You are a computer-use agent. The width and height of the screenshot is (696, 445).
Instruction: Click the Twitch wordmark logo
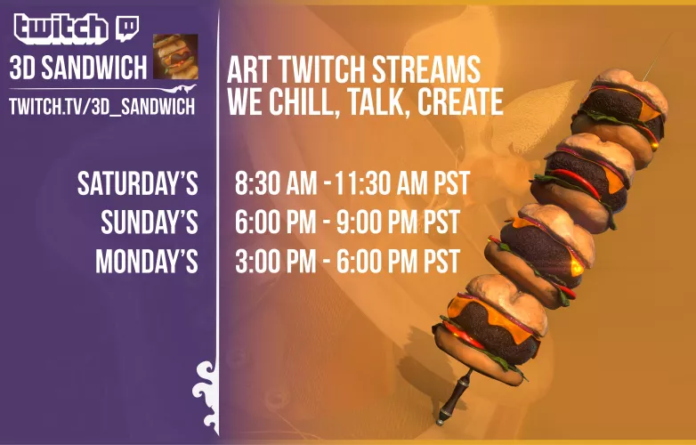tap(61, 28)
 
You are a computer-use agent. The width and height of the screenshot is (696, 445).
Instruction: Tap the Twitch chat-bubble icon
tap(125, 28)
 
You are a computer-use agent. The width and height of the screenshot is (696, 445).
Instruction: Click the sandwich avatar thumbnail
tap(175, 57)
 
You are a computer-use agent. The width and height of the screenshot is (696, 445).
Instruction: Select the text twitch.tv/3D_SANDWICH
tap(101, 105)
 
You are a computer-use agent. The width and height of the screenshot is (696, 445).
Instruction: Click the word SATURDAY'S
tap(137, 184)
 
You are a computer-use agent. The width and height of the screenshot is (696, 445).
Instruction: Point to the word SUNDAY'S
tap(149, 222)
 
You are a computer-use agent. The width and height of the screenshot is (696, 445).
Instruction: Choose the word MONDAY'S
tap(146, 262)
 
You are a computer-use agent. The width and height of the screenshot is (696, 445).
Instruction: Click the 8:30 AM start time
tap(276, 184)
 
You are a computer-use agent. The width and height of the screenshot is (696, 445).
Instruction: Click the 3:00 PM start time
tap(275, 262)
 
